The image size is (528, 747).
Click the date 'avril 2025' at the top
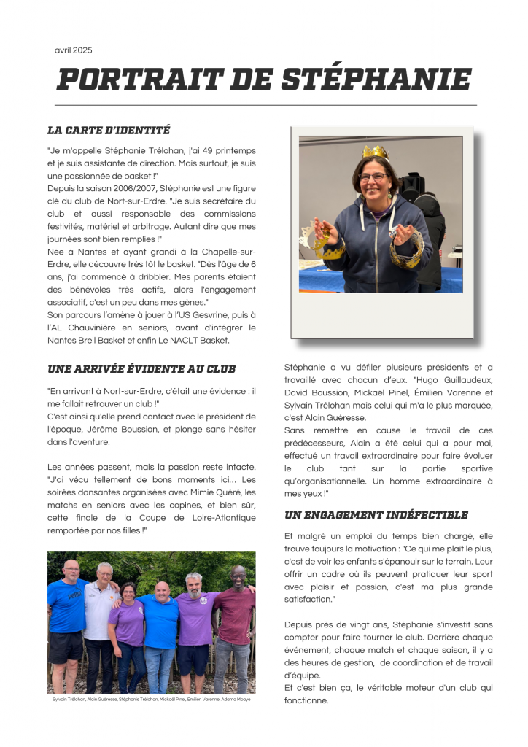coord(73,50)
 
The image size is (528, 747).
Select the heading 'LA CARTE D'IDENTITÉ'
coord(109,131)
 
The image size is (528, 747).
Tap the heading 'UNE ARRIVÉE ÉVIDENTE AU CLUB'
coord(141,369)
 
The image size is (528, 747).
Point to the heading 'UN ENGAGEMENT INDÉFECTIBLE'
coord(376,515)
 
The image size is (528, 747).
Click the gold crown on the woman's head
coord(374,152)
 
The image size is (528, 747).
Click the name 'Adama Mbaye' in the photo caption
coord(236,699)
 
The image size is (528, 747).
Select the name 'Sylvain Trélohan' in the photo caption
coord(68,699)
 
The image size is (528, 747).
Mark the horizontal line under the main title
coord(265,105)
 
